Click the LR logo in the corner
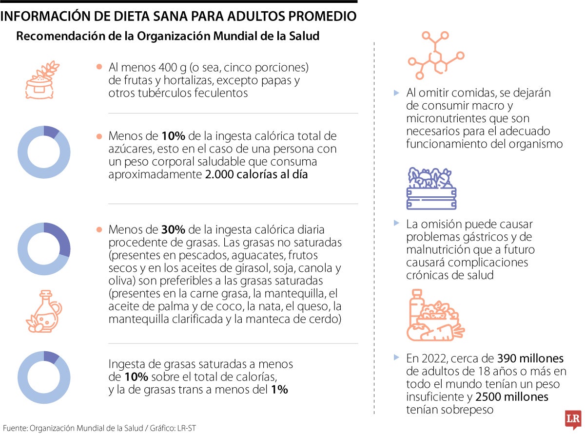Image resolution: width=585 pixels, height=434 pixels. [x=572, y=420]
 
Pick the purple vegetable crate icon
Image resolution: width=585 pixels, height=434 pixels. [x=431, y=189]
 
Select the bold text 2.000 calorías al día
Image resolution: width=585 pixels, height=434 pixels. [x=256, y=174]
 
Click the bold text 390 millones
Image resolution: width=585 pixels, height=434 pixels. [x=530, y=359]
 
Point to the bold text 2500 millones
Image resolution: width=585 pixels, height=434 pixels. [x=512, y=397]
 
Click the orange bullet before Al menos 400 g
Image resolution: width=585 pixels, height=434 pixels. [x=99, y=67]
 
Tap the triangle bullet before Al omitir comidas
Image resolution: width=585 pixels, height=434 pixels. [x=396, y=93]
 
